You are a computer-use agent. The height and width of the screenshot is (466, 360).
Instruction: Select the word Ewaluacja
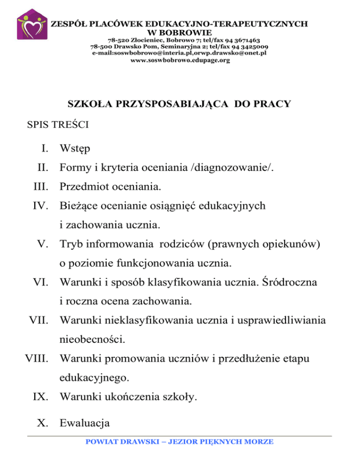coord(84,423)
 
